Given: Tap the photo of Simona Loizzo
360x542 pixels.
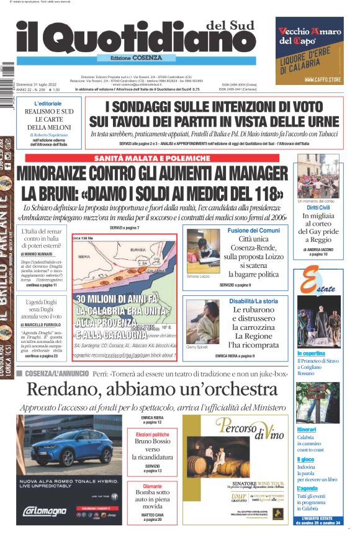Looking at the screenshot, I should click(203, 249).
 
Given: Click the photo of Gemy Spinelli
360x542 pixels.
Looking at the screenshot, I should click(203, 321).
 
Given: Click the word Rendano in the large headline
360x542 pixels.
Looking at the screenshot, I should click(65, 390).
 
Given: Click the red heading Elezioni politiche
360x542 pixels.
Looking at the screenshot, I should click(152, 435).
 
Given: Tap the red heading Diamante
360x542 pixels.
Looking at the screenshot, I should click(152, 486).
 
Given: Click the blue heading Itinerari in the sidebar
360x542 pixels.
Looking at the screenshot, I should click(306, 429).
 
